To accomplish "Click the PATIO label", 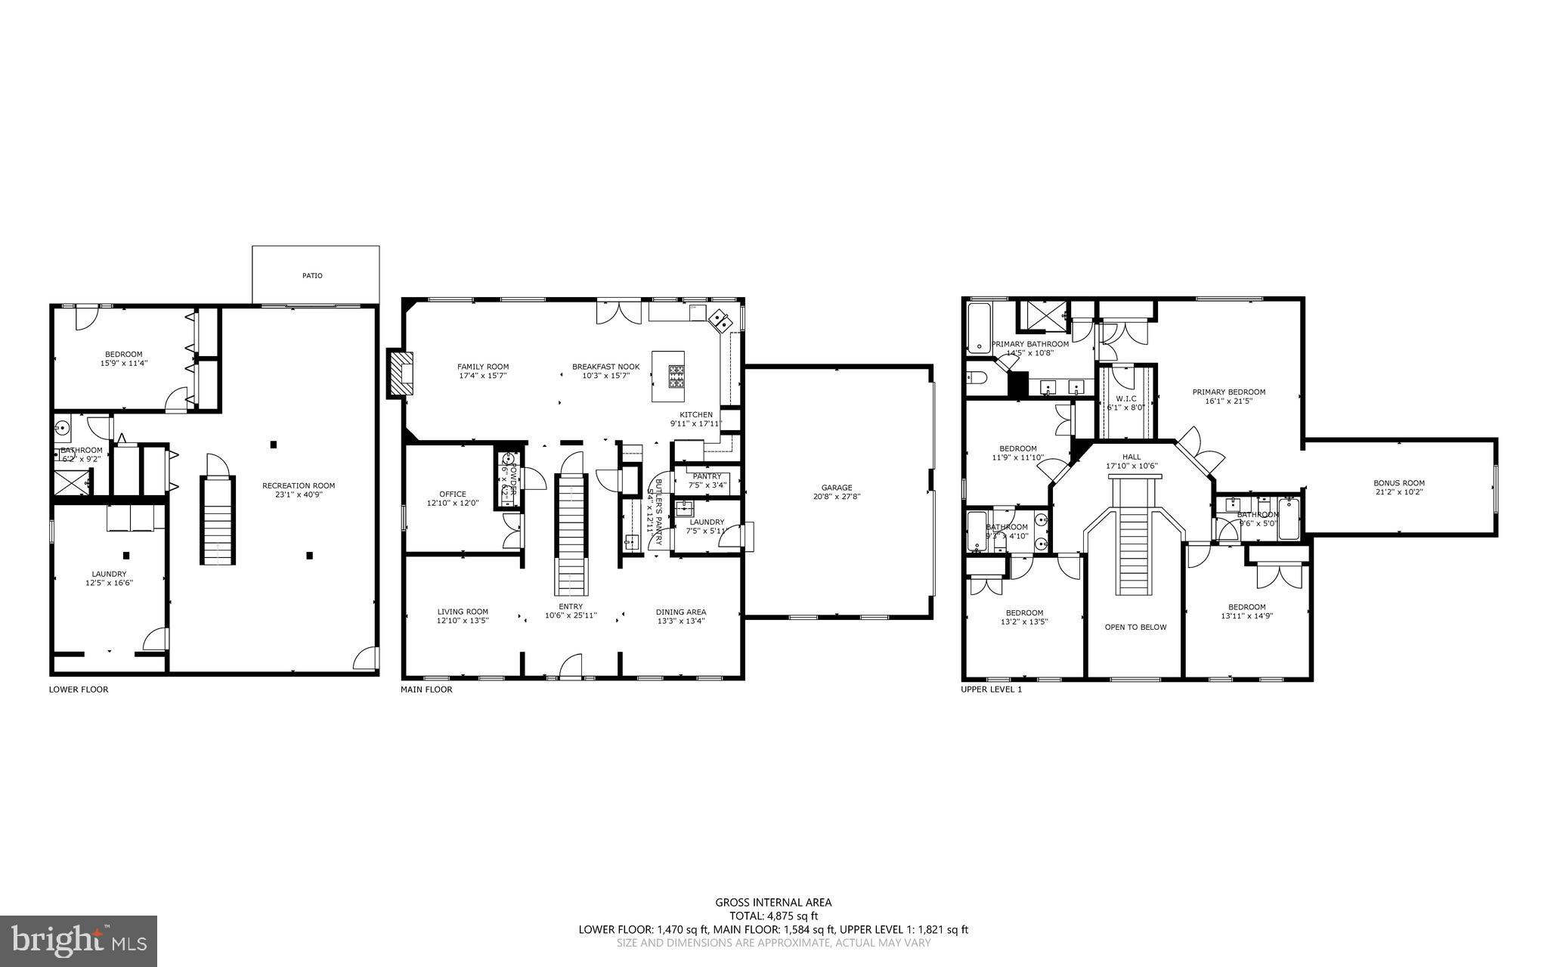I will [x=312, y=276].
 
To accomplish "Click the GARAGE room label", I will [x=837, y=492].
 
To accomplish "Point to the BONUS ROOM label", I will [x=1398, y=488].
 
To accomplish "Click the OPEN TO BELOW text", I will [x=1135, y=627].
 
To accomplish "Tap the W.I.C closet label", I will [x=1126, y=402].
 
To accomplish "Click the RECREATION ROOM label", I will [x=299, y=490].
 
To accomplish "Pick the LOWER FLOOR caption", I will [x=79, y=690].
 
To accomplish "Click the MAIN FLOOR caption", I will [x=426, y=690].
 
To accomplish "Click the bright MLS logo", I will [x=79, y=941].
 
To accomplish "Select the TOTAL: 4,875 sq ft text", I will [x=773, y=916].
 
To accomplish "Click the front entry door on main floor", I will [x=571, y=668].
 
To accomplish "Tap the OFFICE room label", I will [x=453, y=498].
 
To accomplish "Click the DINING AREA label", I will [x=680, y=617].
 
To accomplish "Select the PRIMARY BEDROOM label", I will [x=1228, y=396].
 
